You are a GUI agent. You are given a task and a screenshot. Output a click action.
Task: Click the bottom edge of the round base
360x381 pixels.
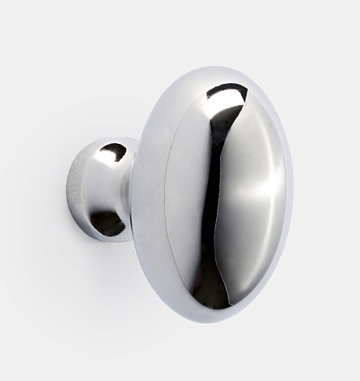click(x=101, y=240)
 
